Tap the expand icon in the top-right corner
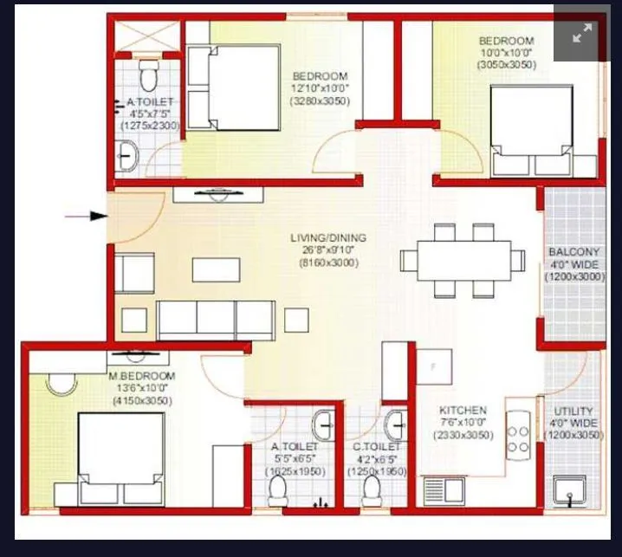coord(582,34)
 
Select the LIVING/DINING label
coord(328,237)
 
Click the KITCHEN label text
coord(463,410)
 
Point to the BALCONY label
coord(573,252)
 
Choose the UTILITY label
coord(573,411)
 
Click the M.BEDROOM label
coord(141,376)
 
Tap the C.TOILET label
coord(376,447)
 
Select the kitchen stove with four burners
coord(519,438)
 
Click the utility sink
coord(570,492)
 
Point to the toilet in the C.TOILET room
coord(373,489)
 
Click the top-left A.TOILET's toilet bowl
coord(147,77)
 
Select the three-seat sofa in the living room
coord(217,320)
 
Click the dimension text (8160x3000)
coord(328,262)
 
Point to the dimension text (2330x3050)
coord(463,435)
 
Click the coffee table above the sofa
coord(216,269)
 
